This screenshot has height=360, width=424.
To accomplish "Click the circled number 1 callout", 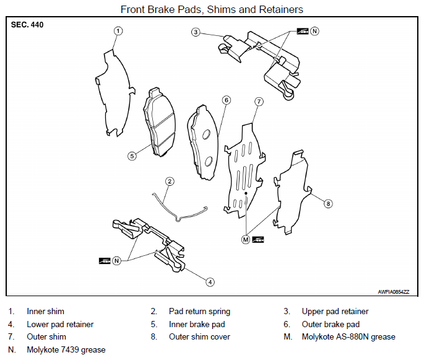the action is (118, 31).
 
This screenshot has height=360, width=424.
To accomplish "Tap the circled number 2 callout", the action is (170, 182).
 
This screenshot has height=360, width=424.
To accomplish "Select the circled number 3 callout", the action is (196, 32).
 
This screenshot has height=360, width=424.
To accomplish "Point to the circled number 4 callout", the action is (210, 283).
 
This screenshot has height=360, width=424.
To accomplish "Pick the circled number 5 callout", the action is (132, 156).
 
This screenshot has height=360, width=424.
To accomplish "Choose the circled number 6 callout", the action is (227, 100).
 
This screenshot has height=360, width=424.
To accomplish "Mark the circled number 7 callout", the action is (259, 102).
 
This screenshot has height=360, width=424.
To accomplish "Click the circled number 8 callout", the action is (328, 204).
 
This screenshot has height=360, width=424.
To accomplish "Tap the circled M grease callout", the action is (246, 240).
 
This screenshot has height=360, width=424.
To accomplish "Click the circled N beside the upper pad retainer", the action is (314, 31).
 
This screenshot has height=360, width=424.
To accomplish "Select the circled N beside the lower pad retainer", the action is (116, 261).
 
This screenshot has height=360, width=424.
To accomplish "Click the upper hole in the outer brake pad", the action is (207, 134).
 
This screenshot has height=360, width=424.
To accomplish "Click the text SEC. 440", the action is (27, 25).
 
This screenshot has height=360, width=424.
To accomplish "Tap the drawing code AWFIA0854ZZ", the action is (394, 292).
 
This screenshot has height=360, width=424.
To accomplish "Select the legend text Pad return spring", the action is (199, 312).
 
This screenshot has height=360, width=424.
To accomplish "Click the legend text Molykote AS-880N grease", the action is (348, 336).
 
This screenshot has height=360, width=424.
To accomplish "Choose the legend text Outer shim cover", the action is (199, 336).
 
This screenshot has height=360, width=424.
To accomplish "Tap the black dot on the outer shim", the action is (246, 193).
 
